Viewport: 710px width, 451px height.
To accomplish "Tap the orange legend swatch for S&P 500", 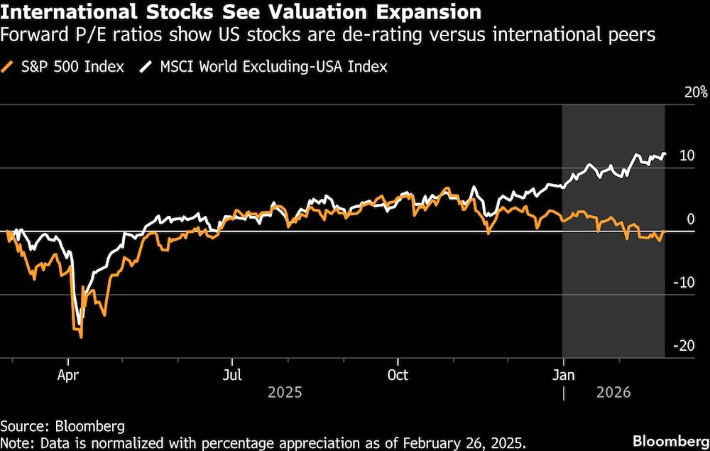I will pos(9,67).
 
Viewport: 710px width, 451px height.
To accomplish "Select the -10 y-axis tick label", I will pos(684,282).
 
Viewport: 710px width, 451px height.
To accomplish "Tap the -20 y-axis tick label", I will pos(684,345).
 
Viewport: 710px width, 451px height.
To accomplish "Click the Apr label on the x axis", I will pos(67,375).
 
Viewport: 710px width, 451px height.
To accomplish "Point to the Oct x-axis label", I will pos(398,375).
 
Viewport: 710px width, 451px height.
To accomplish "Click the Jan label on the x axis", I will pos(564,375).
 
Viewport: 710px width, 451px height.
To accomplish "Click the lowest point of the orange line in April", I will pos(81,337).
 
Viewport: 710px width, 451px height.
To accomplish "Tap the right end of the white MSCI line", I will pos(665,153).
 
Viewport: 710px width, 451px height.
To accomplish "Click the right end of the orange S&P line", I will pos(665,231).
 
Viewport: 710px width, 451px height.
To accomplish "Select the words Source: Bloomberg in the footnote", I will pos(62,426).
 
